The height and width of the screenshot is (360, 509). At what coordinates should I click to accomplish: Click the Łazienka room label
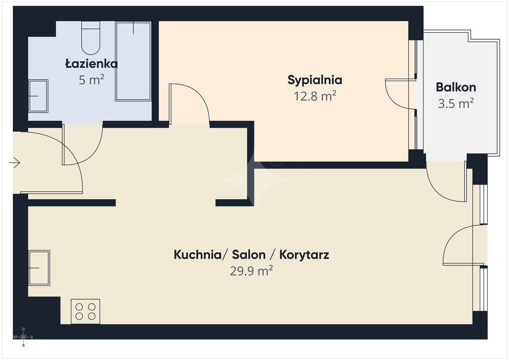click(x=91, y=63)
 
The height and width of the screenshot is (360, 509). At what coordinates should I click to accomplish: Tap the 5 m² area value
click(x=91, y=80)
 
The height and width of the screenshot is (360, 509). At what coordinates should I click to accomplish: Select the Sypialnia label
click(x=315, y=80)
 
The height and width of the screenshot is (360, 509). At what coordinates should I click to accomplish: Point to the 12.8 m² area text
click(x=315, y=96)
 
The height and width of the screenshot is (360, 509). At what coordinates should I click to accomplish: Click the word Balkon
click(x=456, y=88)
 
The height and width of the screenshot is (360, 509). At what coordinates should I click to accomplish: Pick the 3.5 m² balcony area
click(x=456, y=103)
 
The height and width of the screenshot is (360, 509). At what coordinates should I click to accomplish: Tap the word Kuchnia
click(x=197, y=255)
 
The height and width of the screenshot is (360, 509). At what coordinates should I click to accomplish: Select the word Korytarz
click(x=304, y=255)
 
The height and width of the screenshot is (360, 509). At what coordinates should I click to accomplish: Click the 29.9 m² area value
click(x=251, y=270)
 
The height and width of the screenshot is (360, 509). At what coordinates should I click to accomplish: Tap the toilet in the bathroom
click(x=90, y=38)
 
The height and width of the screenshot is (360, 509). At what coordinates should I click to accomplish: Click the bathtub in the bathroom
click(x=133, y=61)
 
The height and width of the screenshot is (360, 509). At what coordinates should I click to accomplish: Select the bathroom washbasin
click(x=38, y=96)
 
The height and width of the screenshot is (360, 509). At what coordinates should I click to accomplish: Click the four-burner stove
click(x=85, y=311)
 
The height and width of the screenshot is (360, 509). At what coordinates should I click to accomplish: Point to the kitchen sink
click(x=39, y=268)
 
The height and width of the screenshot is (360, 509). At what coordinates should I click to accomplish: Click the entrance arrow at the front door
click(x=14, y=162)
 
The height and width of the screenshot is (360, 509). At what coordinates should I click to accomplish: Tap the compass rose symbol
click(x=23, y=337)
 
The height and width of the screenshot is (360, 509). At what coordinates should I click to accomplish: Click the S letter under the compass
click(x=23, y=346)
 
